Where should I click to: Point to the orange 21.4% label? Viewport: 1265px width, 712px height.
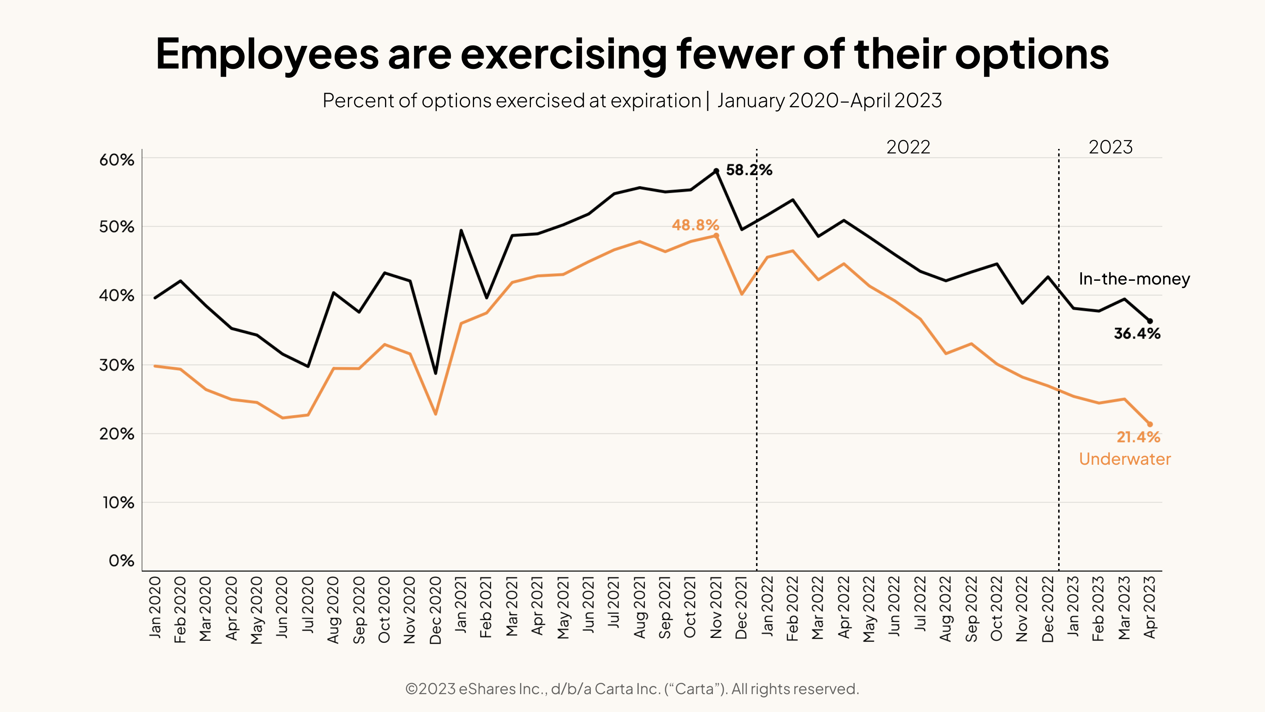tap(1138, 437)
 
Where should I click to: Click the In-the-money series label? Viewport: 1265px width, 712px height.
tap(1134, 279)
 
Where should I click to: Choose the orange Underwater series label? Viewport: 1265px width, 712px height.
tap(1125, 459)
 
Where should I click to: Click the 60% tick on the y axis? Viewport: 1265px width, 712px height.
tap(117, 160)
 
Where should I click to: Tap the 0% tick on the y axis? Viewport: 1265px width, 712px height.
tap(121, 561)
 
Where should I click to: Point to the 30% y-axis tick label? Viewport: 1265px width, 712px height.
tap(117, 365)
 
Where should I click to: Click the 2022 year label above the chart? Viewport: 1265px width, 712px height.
tap(908, 147)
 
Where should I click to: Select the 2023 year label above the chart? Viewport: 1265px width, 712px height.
tap(1110, 147)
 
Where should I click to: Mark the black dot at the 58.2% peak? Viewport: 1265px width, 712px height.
tap(716, 171)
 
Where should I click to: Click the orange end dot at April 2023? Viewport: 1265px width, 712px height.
tap(1150, 425)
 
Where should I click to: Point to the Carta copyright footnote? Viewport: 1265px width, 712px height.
tap(632, 689)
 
